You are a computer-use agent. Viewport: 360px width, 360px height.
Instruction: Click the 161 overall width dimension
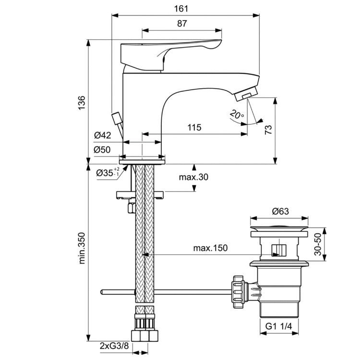click(x=185, y=9)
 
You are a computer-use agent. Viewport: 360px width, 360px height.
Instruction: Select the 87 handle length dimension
click(x=182, y=24)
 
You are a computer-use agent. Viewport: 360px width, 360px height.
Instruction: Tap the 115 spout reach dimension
click(x=194, y=128)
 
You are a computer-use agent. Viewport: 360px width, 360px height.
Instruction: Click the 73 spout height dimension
click(x=268, y=130)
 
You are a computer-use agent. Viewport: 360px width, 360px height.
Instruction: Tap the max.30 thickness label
click(x=194, y=178)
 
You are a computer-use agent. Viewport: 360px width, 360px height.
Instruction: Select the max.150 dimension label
click(x=210, y=248)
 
